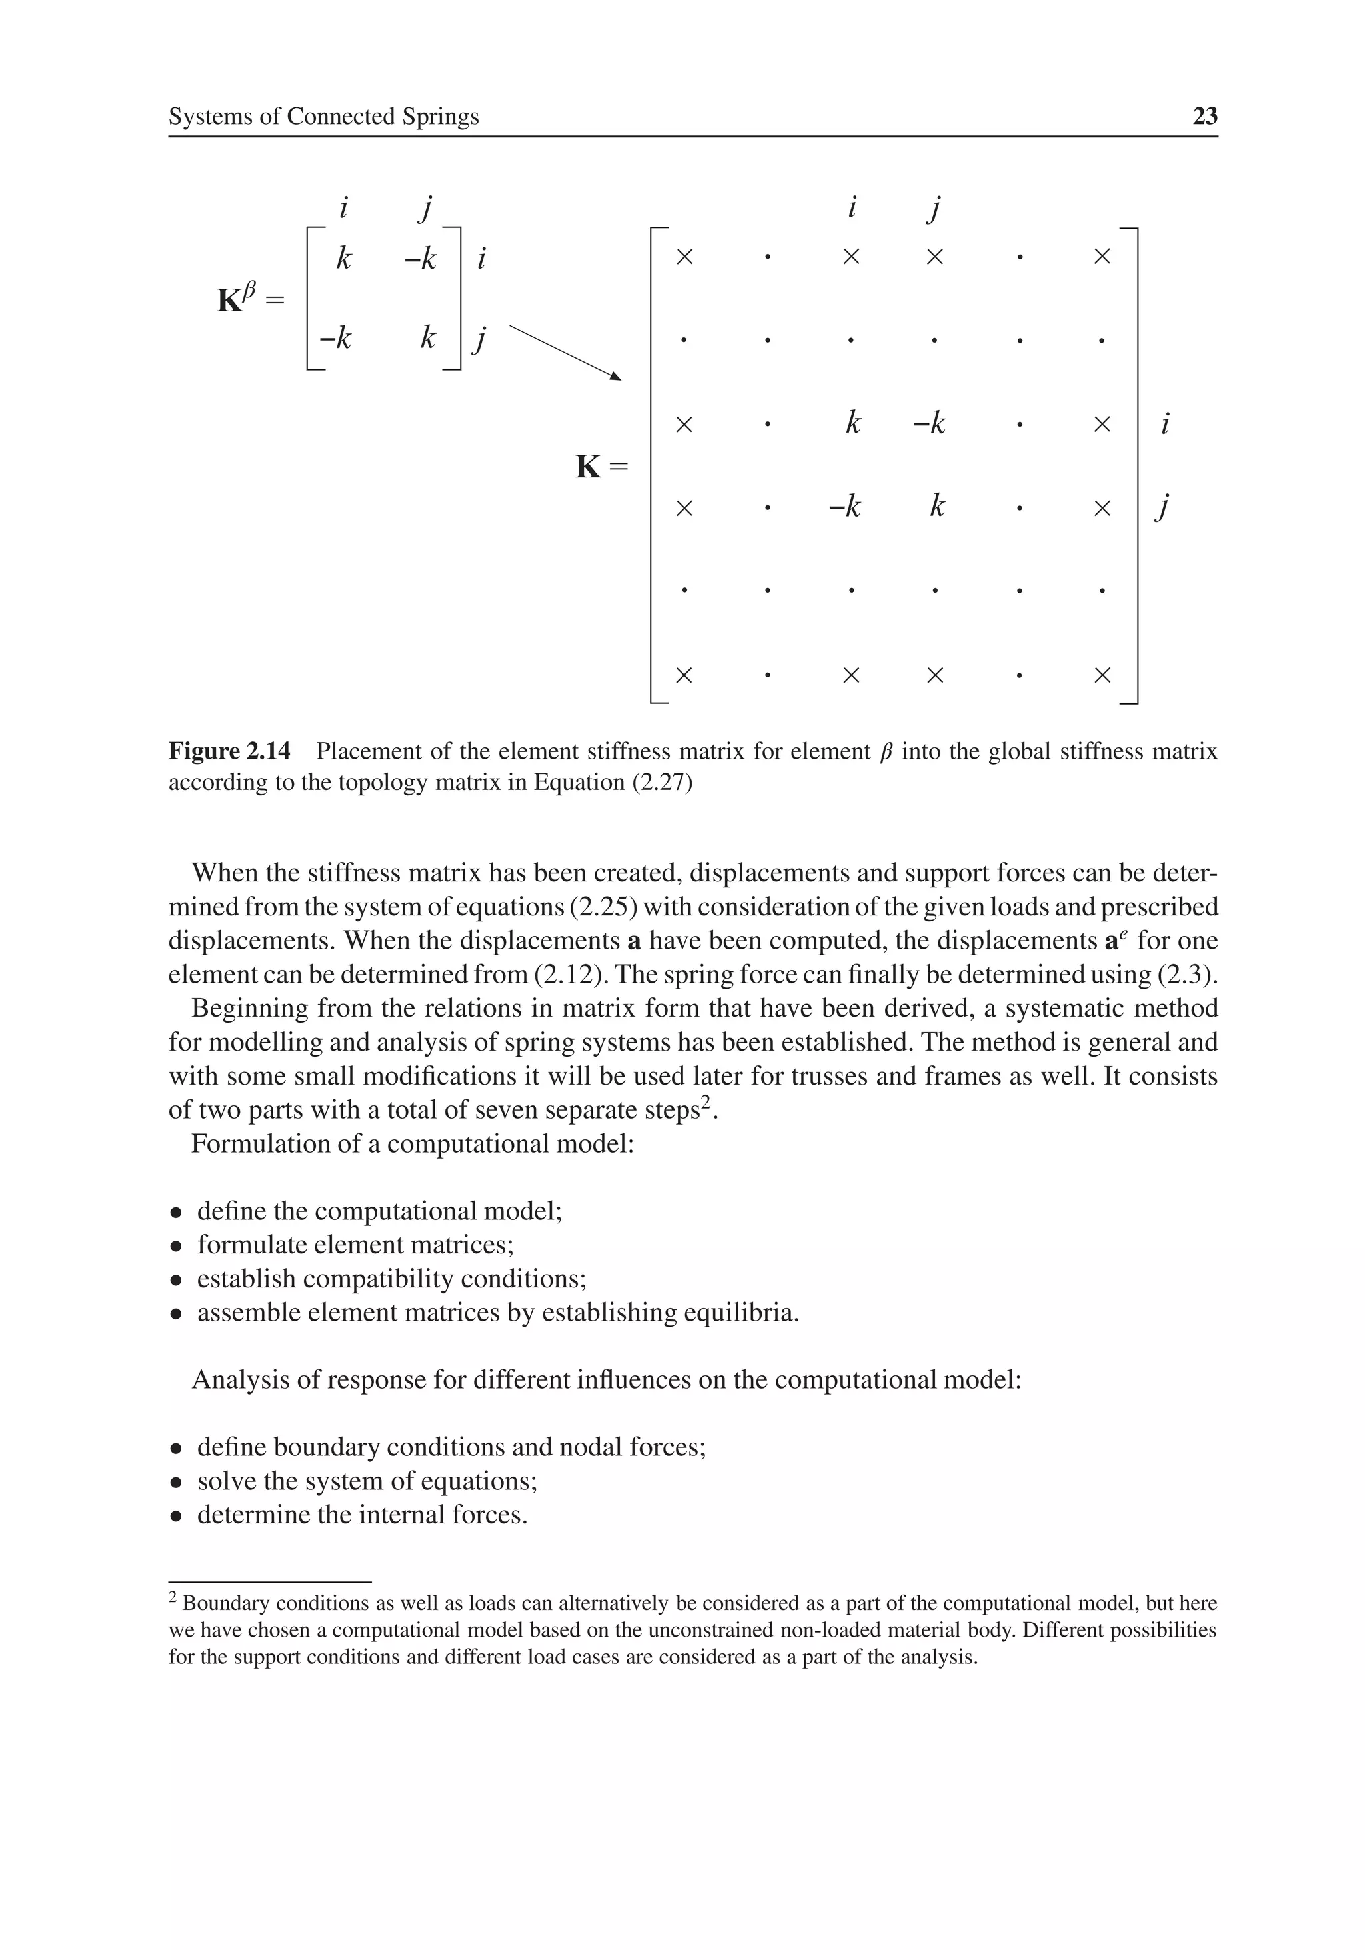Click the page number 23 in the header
click(x=1204, y=116)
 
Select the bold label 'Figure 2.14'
click(x=229, y=751)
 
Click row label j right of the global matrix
click(x=1162, y=507)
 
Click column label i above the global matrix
click(x=851, y=207)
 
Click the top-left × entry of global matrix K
click(x=684, y=256)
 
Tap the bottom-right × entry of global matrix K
click(x=1102, y=675)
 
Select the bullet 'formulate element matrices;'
click(x=355, y=1245)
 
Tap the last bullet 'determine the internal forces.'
click(x=362, y=1515)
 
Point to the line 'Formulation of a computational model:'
click(x=413, y=1144)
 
